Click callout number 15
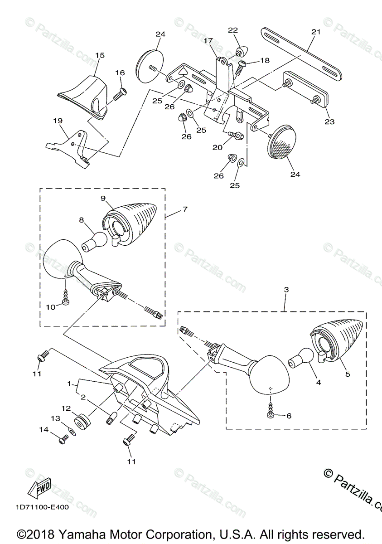coord(100,55)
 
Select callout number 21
coord(315,32)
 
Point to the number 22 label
coord(232,30)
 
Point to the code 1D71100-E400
coord(41,507)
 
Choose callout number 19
coord(58,121)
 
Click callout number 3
coord(286,289)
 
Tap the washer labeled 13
coord(72,429)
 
